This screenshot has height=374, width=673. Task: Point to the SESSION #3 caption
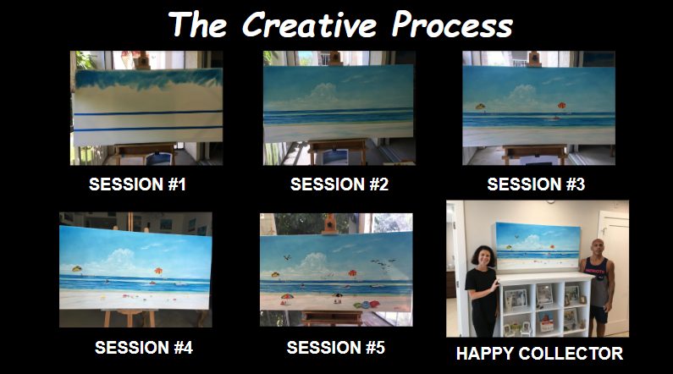537,184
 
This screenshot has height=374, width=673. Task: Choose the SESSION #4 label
144,347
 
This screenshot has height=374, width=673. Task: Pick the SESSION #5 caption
336,347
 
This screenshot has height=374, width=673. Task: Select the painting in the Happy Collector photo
539,248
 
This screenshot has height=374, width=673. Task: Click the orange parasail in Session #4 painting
157,272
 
